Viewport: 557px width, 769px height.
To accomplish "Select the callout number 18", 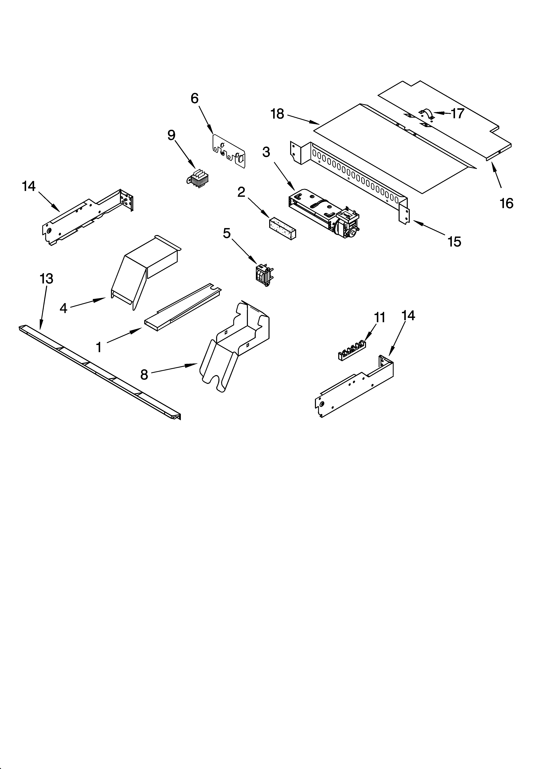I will coord(277,114).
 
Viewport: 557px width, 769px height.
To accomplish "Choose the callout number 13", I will coord(46,279).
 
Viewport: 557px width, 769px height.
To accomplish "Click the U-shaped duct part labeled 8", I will coord(237,346).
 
